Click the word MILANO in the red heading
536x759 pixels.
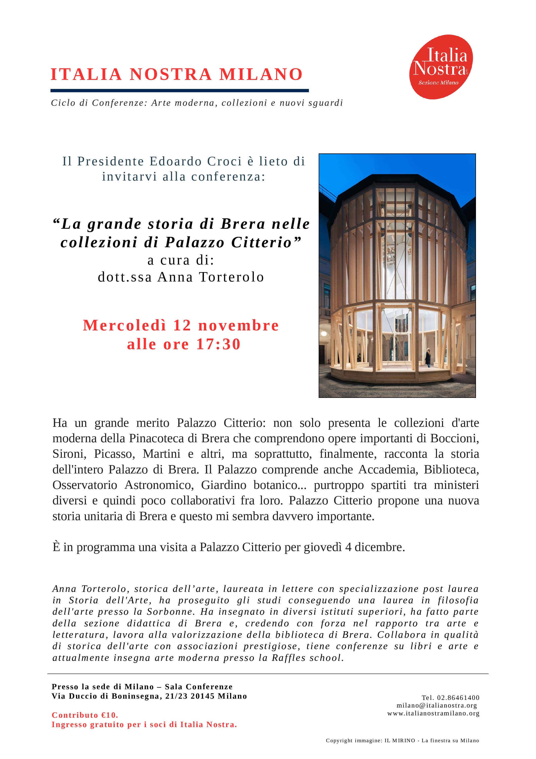click(x=261, y=74)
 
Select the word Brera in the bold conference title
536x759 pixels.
click(x=243, y=224)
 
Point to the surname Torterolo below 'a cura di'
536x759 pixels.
click(x=232, y=277)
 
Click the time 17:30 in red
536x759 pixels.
click(x=218, y=344)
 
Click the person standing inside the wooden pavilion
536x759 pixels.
click(x=428, y=357)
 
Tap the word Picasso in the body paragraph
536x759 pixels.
click(x=114, y=454)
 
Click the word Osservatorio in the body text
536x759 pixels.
click(x=85, y=485)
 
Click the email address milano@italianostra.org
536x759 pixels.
click(x=437, y=705)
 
